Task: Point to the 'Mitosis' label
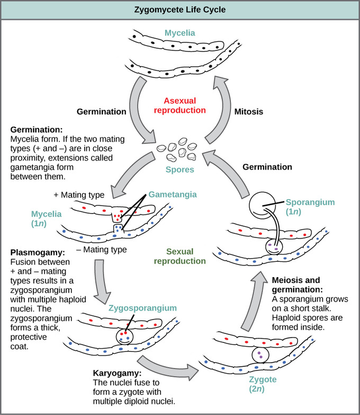tap(249, 112)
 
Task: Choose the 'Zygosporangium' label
tap(137, 307)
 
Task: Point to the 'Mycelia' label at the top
tap(179, 33)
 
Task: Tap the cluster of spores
tap(177, 152)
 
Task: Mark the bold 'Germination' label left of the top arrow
tap(101, 112)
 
